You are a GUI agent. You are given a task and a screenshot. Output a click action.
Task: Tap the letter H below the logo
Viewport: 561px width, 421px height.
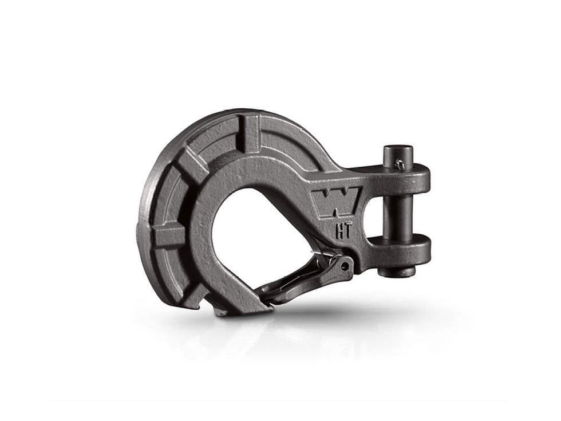[x=338, y=231]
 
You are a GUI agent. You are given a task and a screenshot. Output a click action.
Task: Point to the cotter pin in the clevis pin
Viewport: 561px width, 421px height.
[x=400, y=164]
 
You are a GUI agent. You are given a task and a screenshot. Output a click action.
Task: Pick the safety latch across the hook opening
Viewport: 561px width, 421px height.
[x=304, y=275]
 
